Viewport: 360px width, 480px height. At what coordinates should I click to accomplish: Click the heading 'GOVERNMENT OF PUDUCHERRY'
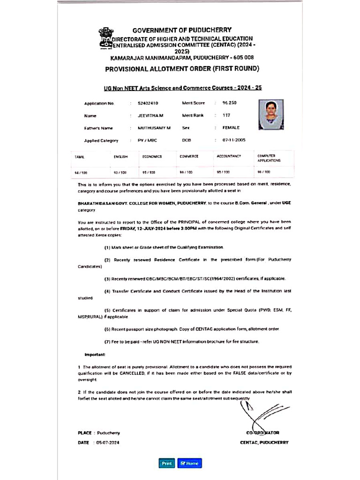[x=182, y=30]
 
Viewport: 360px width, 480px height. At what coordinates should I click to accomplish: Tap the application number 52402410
[x=148, y=103]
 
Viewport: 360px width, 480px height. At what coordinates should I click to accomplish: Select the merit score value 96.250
[x=229, y=103]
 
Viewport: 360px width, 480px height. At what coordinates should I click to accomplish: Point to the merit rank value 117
[x=226, y=115]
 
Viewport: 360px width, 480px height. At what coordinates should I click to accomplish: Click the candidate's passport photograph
[x=271, y=114]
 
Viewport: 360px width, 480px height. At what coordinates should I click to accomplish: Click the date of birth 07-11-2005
[x=234, y=140]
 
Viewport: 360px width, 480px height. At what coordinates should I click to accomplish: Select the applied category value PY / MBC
[x=148, y=140]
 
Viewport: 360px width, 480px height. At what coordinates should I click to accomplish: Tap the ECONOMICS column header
[x=152, y=157]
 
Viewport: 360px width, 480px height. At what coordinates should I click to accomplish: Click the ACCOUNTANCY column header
[x=229, y=156]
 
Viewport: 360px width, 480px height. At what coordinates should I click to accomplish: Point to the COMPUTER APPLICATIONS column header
[x=269, y=158]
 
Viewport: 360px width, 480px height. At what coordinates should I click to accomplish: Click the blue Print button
[x=166, y=463]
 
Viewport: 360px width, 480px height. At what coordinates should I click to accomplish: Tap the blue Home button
[x=189, y=463]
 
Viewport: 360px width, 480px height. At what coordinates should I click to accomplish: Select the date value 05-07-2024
[x=108, y=442]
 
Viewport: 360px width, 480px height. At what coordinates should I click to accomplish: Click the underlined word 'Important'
[x=95, y=354]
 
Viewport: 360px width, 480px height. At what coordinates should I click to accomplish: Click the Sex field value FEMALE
[x=231, y=127]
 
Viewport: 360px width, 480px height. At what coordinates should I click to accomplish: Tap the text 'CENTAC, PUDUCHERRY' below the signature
[x=264, y=442]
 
